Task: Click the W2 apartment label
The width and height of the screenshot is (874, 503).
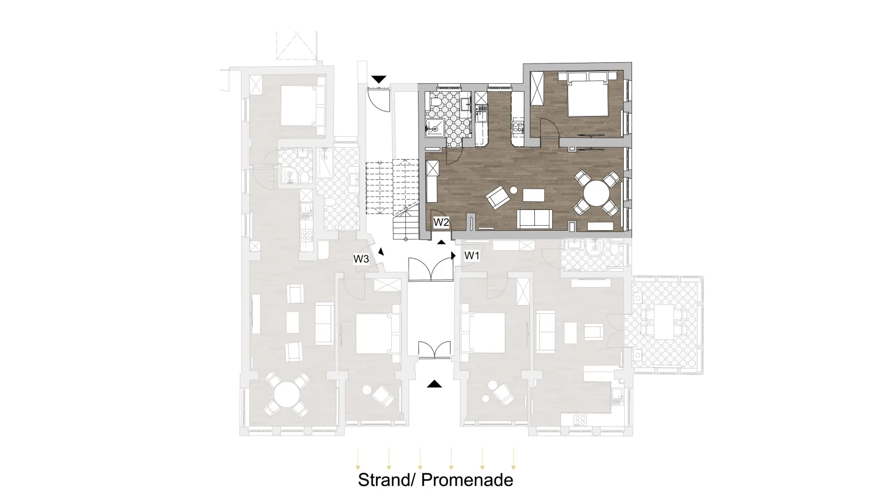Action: pyautogui.click(x=441, y=222)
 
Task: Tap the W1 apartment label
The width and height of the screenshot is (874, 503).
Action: pyautogui.click(x=472, y=256)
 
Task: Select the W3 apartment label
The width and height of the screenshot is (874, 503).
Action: pyautogui.click(x=361, y=259)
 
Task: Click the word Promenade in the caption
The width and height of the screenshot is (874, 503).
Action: pyautogui.click(x=467, y=480)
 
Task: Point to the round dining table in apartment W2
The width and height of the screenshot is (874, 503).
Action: pyautogui.click(x=597, y=193)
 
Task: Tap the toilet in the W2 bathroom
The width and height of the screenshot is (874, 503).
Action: pyautogui.click(x=436, y=102)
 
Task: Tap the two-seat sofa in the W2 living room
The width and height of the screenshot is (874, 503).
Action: pyautogui.click(x=535, y=219)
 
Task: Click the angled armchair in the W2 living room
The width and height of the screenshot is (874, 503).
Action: pyautogui.click(x=497, y=197)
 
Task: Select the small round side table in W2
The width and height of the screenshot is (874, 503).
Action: pyautogui.click(x=514, y=190)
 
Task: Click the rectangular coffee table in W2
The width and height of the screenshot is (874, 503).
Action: pyautogui.click(x=534, y=195)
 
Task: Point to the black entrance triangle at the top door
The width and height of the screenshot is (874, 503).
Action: pyautogui.click(x=379, y=79)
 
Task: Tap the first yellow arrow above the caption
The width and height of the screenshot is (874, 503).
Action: pyautogui.click(x=358, y=459)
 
